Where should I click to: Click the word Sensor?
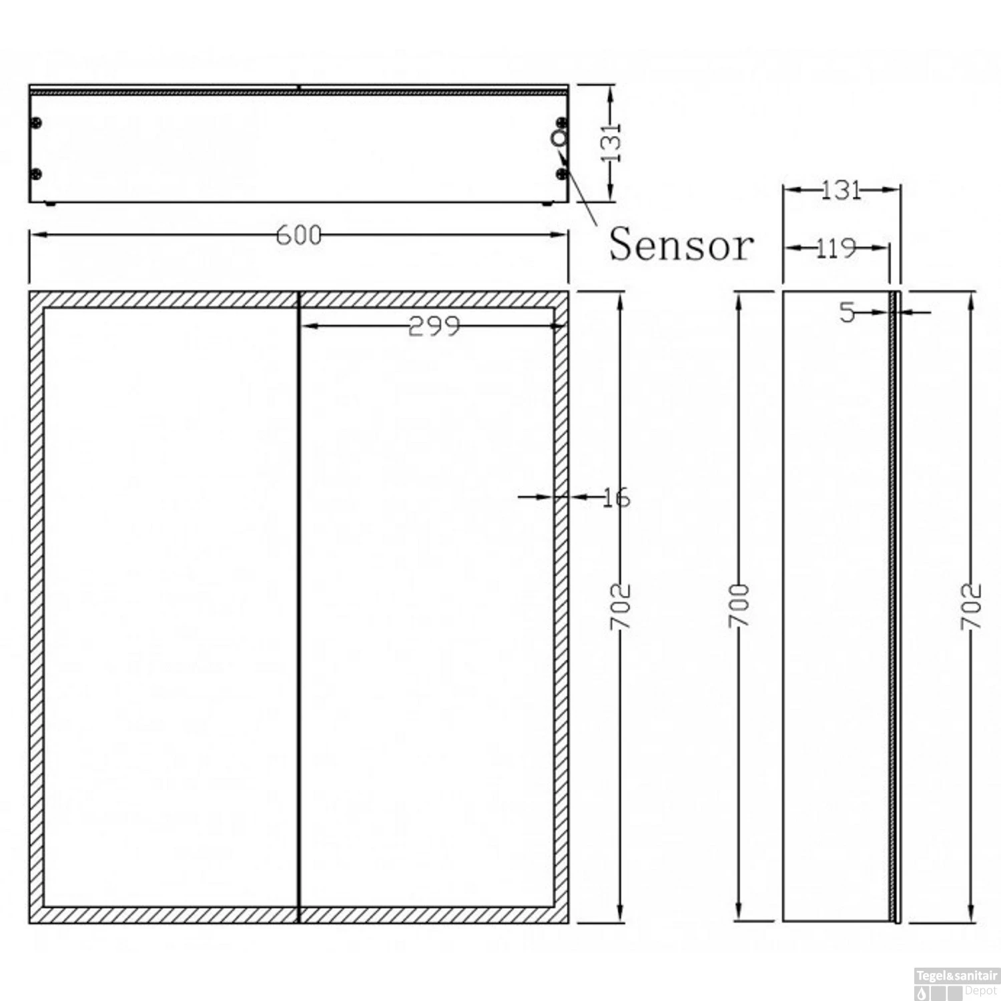point(681,245)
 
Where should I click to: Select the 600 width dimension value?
point(298,236)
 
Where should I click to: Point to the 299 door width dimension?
point(434,326)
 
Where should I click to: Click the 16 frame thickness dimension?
point(615,497)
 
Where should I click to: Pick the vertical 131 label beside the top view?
point(611,142)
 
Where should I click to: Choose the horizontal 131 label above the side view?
point(840,190)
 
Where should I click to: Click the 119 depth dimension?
point(836,248)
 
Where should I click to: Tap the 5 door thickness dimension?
point(847,312)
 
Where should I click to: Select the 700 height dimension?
point(739,605)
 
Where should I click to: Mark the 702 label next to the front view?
point(621,606)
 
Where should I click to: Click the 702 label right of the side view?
point(971,606)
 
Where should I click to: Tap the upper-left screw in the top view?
point(36,123)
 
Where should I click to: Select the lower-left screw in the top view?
point(36,174)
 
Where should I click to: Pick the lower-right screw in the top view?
point(562,174)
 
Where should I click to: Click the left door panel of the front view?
point(170,607)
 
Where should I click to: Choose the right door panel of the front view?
point(427,607)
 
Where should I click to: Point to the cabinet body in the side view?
point(836,607)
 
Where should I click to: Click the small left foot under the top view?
point(49,204)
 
